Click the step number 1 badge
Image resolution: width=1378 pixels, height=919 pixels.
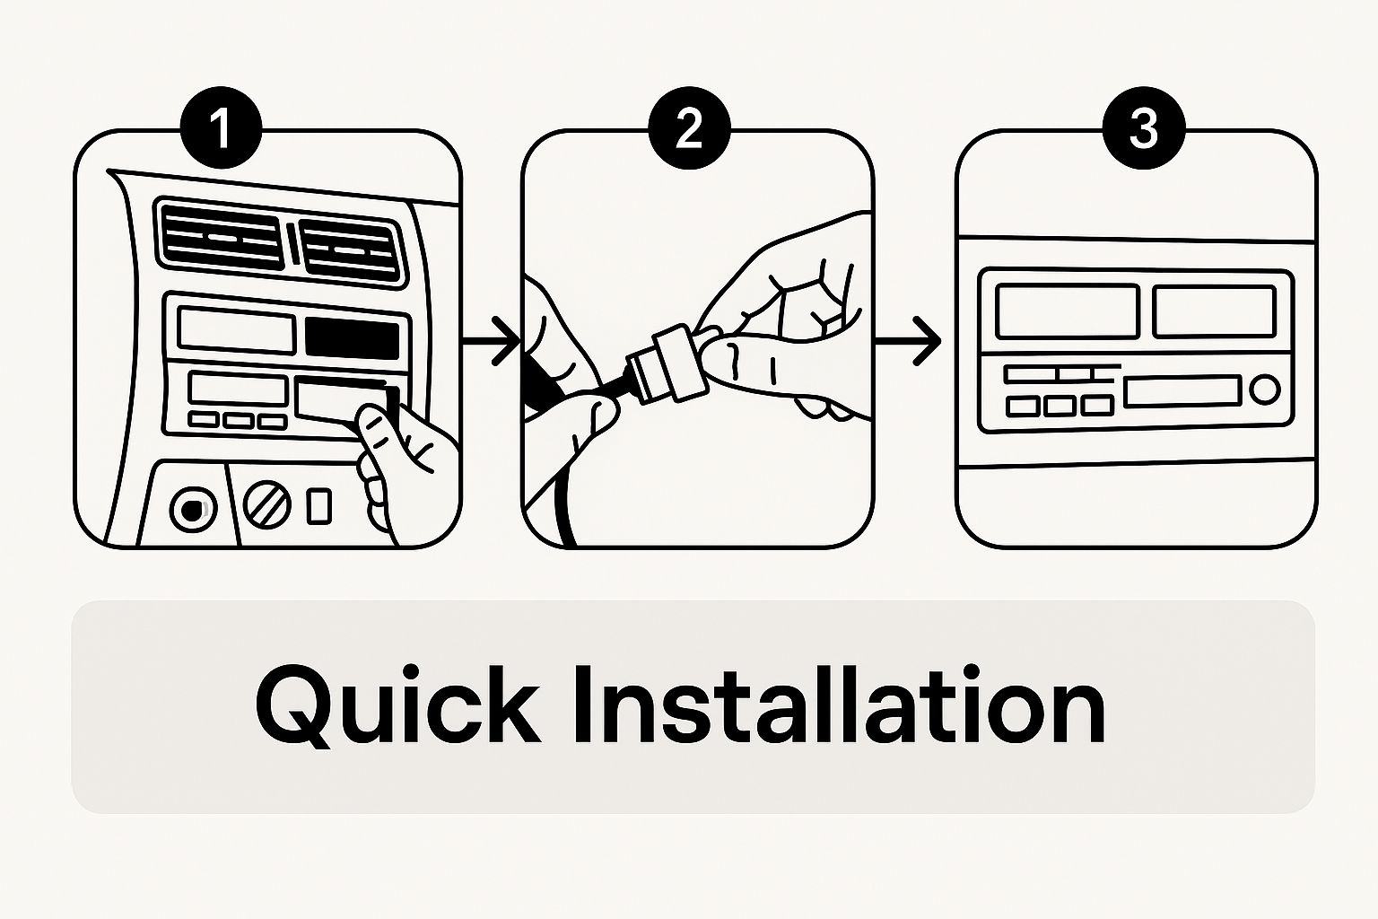(x=221, y=131)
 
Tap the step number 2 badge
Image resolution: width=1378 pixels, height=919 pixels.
(x=688, y=131)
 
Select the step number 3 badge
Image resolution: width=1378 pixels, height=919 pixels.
(x=1143, y=131)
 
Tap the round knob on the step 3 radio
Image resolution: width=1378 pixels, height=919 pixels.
(x=1265, y=389)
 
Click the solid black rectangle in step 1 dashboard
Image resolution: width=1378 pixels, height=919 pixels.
(x=352, y=337)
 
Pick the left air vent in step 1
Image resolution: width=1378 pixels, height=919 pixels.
(x=223, y=234)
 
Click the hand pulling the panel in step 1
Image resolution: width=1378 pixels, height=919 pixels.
(x=395, y=462)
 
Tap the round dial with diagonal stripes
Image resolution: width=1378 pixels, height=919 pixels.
(x=267, y=506)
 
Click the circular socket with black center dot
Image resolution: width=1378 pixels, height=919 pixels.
(x=190, y=510)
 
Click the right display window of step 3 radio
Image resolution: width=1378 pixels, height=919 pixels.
(x=1213, y=311)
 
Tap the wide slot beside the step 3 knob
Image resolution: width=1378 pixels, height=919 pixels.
(x=1182, y=390)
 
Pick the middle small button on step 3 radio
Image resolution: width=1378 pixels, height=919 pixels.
(x=1060, y=406)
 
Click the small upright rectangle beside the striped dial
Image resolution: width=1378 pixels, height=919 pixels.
(x=318, y=505)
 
